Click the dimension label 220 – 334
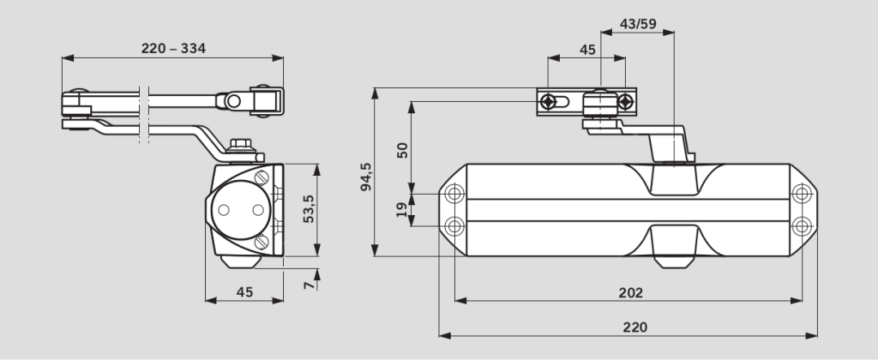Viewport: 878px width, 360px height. click(x=173, y=48)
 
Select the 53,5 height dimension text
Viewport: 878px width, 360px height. click(x=309, y=208)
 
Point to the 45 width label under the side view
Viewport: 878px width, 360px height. click(x=244, y=292)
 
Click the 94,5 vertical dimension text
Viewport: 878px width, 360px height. click(x=365, y=175)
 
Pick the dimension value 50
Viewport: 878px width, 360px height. click(x=402, y=149)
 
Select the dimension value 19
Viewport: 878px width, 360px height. click(x=402, y=210)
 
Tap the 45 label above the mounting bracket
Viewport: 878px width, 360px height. click(x=587, y=50)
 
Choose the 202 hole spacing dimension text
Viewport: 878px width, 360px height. click(x=630, y=292)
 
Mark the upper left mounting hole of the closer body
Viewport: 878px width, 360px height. click(x=454, y=192)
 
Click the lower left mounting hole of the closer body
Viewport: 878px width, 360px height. click(x=454, y=225)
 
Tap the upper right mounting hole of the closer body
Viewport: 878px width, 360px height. click(x=802, y=192)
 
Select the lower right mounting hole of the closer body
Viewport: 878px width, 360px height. click(x=802, y=225)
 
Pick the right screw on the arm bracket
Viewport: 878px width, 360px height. click(x=627, y=102)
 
